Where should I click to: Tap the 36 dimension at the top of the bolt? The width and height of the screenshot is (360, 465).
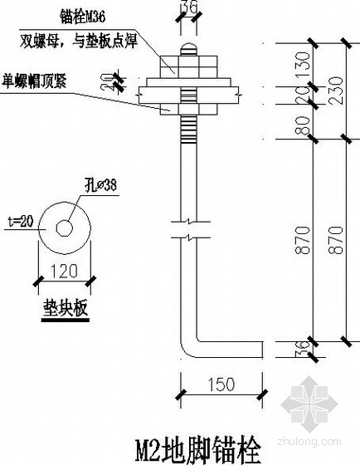tap(187, 10)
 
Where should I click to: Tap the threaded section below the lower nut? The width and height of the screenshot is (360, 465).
tap(187, 128)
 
